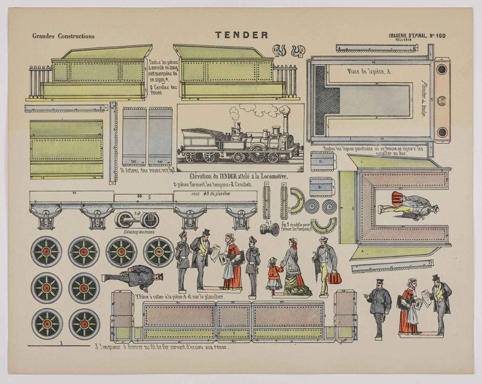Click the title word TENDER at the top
coord(241,35)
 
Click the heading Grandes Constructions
coord(63,36)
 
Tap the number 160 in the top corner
coord(440,36)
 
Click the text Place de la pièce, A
coord(370,72)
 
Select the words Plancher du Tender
coord(423,99)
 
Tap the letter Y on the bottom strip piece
coord(233,335)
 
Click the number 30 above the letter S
coord(140,196)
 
